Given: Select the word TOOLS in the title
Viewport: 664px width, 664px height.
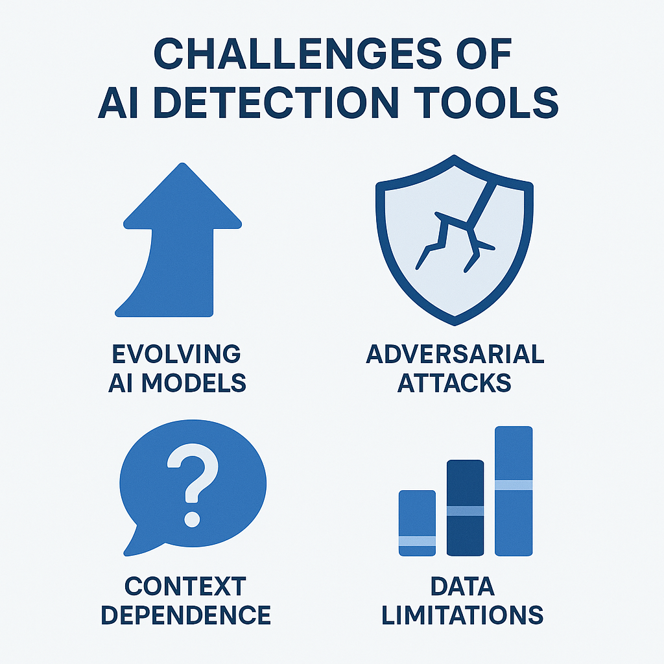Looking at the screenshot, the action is point(486,102).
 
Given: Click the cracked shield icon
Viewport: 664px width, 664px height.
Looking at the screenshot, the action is point(455,240).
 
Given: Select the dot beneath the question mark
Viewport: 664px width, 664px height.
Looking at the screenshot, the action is point(192,519).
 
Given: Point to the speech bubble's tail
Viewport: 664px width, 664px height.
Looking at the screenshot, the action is point(136,542).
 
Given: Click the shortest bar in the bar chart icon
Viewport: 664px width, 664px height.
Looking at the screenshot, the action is point(417,523).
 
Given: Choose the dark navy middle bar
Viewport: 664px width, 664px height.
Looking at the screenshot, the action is point(465,508).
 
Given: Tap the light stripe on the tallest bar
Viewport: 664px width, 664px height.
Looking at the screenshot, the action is point(514,485).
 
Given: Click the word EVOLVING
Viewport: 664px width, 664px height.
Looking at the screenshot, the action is point(176,354).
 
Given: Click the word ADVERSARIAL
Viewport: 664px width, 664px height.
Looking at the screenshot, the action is point(455,354).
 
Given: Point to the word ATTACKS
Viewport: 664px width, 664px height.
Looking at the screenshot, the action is point(455,383).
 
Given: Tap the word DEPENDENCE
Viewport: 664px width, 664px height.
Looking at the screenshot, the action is point(186,615).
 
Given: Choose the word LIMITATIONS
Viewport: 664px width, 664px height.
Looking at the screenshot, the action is point(462,615).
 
